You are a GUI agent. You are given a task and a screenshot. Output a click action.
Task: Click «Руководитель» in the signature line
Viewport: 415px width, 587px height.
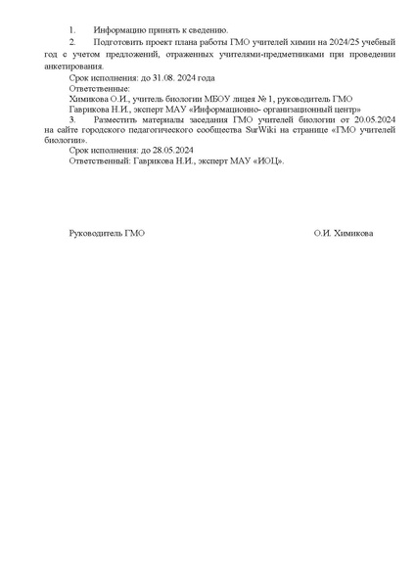pyautogui.click(x=96, y=235)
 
